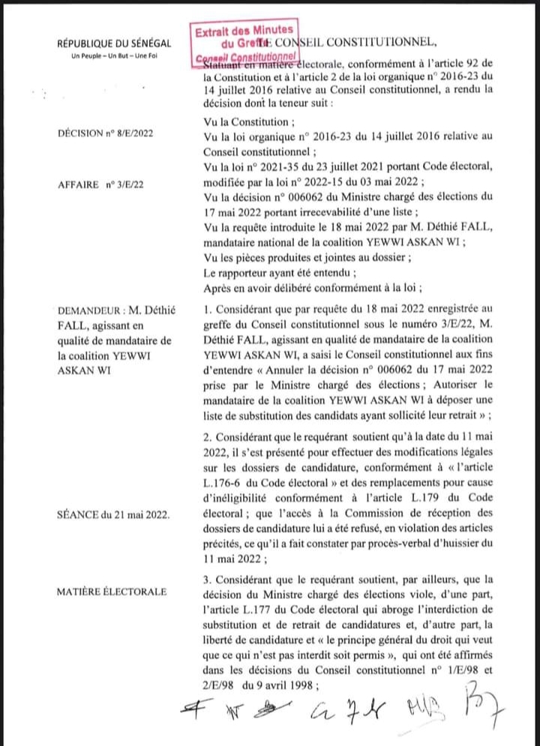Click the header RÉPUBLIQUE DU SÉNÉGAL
[x=115, y=46]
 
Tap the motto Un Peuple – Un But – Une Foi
[x=115, y=58]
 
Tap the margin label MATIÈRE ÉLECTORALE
[x=111, y=592]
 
